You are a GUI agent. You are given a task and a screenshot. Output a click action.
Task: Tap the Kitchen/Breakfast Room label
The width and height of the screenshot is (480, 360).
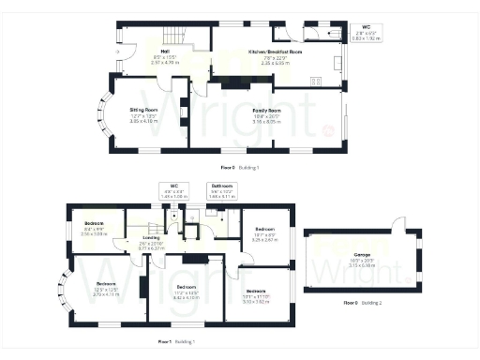tap(274, 51)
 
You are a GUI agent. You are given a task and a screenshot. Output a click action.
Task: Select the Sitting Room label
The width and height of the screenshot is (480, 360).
tap(145, 110)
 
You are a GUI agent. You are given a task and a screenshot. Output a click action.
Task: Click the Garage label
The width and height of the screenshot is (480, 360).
tap(361, 254)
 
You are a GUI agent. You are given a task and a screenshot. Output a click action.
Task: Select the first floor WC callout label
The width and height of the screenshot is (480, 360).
tap(174, 186)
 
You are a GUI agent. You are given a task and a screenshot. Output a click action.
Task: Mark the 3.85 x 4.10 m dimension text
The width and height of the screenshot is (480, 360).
tap(145, 121)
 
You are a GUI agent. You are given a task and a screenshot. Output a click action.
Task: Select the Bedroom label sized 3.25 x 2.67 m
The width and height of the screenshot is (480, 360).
tap(265, 229)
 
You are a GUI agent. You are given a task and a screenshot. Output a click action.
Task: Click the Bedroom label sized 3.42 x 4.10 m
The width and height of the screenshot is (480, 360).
tap(186, 287)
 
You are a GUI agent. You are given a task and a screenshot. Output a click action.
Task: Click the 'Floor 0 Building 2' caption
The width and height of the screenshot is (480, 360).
tap(360, 304)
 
